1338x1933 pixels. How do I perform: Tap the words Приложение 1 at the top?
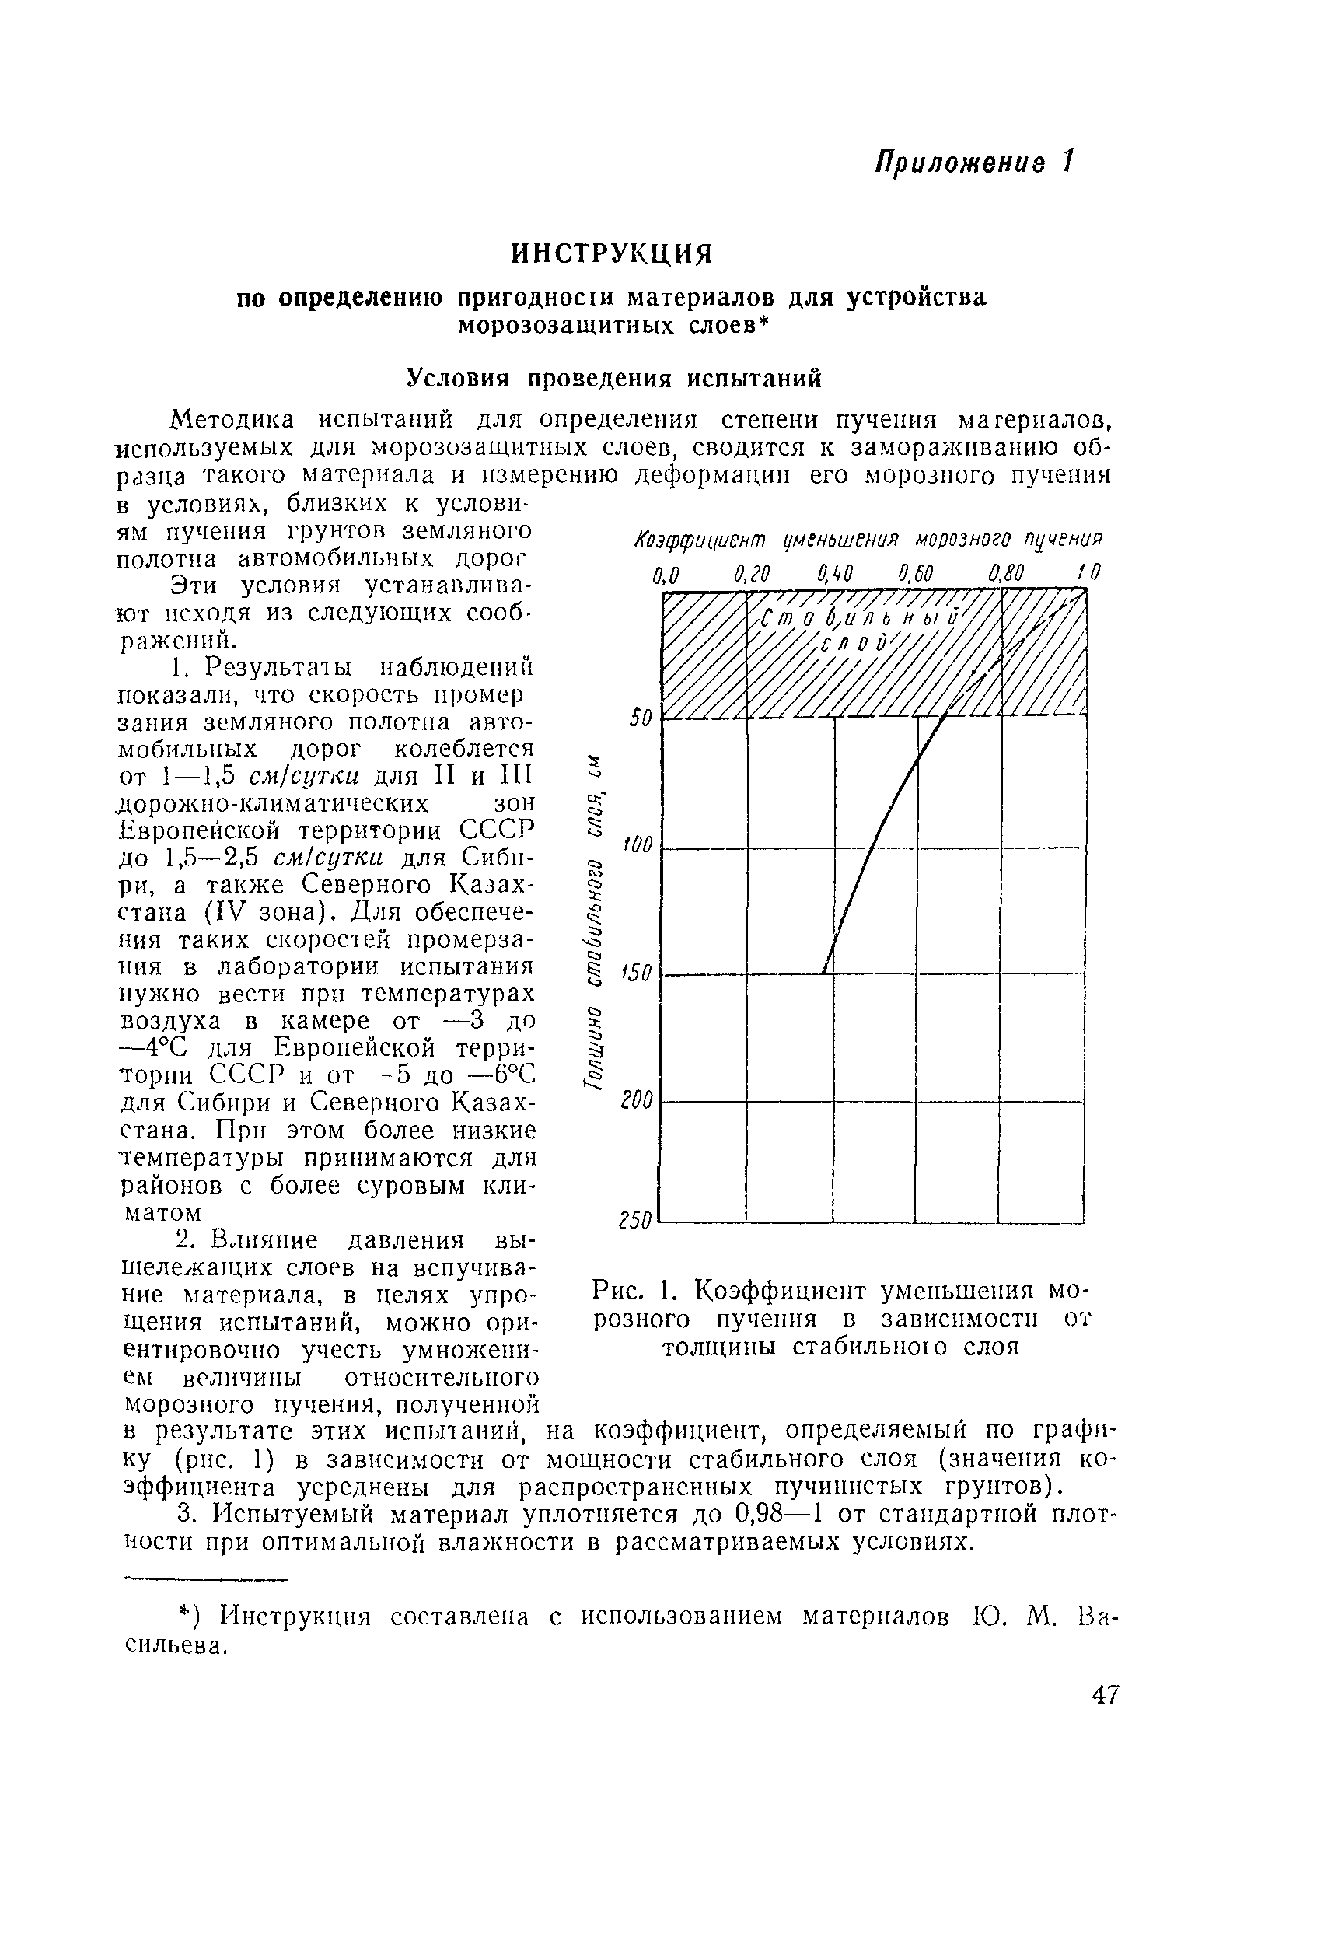(x=973, y=161)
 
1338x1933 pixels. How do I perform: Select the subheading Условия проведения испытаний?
(x=613, y=379)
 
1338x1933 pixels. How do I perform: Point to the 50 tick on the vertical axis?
(x=641, y=718)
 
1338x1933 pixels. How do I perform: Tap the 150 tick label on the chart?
(x=636, y=973)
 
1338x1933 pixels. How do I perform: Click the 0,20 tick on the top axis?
(x=751, y=574)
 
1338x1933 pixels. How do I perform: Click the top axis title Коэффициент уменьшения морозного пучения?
(x=868, y=537)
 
